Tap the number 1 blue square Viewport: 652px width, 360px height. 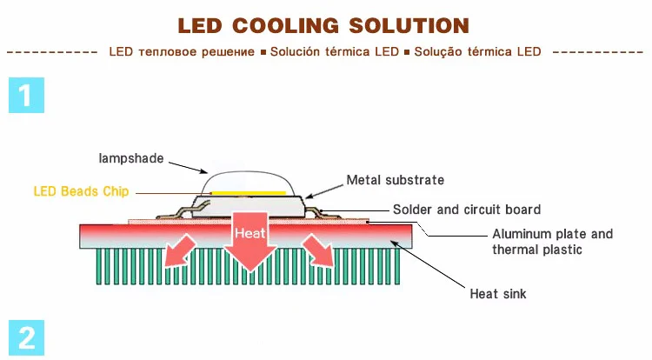pos(26,95)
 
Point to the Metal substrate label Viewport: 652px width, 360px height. pos(396,180)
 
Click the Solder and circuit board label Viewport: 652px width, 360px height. pos(467,210)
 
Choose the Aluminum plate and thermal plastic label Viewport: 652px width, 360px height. pos(552,242)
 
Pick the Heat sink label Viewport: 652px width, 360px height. pos(498,294)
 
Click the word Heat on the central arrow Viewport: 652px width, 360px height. pos(250,233)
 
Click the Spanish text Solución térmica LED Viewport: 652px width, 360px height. pos(334,51)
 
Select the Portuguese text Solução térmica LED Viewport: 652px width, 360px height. pos(477,51)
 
